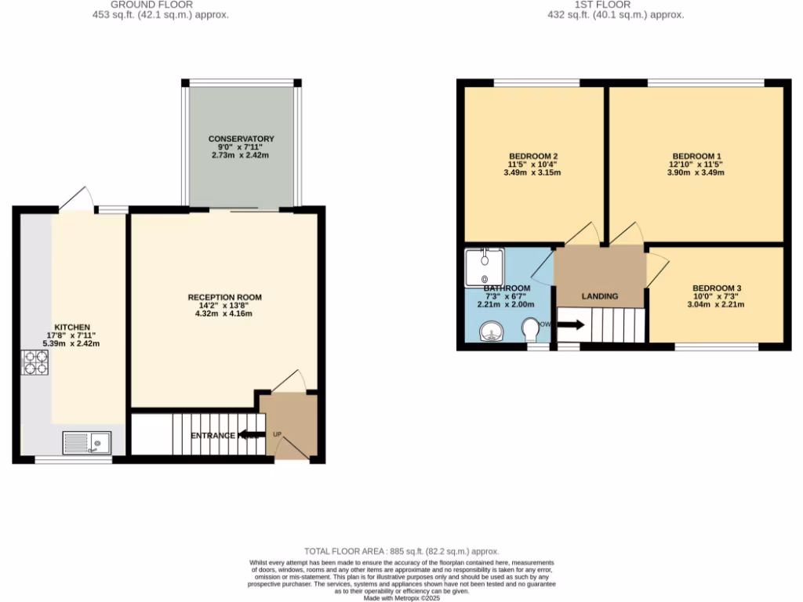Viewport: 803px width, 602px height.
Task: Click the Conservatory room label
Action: point(242,140)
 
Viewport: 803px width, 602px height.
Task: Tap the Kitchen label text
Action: point(72,327)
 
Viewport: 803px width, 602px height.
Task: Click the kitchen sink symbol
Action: point(87,444)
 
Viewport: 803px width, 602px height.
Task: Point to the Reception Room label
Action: point(224,297)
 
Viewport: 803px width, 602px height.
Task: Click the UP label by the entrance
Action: point(277,434)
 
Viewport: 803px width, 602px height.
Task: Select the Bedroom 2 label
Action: point(533,156)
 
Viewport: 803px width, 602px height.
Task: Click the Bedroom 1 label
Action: point(696,156)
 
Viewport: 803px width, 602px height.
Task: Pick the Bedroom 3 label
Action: point(717,288)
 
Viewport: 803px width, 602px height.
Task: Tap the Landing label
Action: point(599,296)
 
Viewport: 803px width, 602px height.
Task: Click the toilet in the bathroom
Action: point(530,328)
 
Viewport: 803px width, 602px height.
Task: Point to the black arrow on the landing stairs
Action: point(570,324)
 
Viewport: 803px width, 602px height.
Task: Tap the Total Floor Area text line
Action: point(401,552)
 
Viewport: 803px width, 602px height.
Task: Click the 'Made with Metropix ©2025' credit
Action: point(401,597)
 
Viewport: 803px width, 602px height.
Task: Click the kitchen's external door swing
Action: point(76,199)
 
